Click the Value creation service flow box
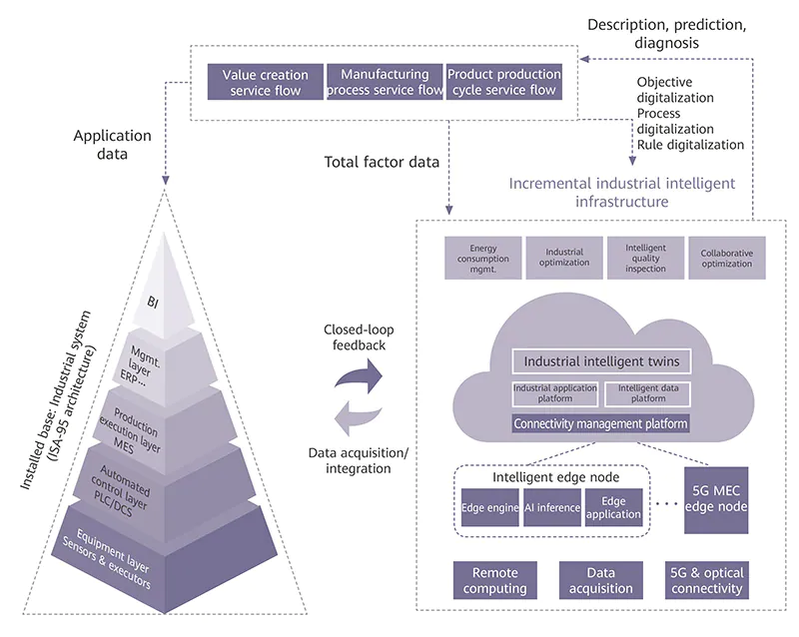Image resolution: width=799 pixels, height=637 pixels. click(265, 82)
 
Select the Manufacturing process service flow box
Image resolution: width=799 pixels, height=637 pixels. click(385, 82)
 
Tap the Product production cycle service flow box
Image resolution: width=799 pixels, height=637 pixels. click(501, 82)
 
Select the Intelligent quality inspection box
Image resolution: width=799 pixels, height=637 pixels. click(645, 258)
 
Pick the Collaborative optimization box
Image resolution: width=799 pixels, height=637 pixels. click(727, 258)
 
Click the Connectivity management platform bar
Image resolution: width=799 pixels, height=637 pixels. click(599, 423)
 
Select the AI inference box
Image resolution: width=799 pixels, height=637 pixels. click(551, 507)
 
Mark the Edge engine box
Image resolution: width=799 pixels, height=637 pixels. click(490, 507)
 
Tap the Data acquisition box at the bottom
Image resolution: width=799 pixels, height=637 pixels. click(600, 580)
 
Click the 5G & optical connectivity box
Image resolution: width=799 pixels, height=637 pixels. click(709, 580)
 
